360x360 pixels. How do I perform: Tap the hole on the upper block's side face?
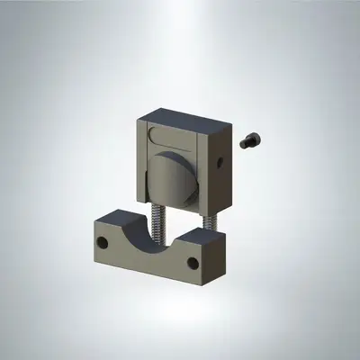tap(221, 163)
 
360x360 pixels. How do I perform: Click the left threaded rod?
tap(159, 228)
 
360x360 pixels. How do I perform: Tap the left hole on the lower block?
tap(103, 242)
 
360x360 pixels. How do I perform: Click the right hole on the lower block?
tap(192, 263)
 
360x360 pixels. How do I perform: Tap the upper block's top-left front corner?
tap(139, 120)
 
